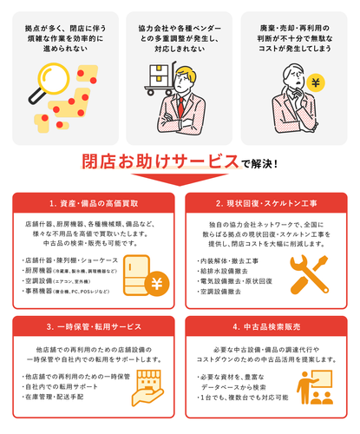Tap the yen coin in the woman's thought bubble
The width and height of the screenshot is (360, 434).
point(315,84)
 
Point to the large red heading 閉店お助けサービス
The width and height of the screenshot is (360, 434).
point(160,161)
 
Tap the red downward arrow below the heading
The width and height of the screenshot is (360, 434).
point(180,181)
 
